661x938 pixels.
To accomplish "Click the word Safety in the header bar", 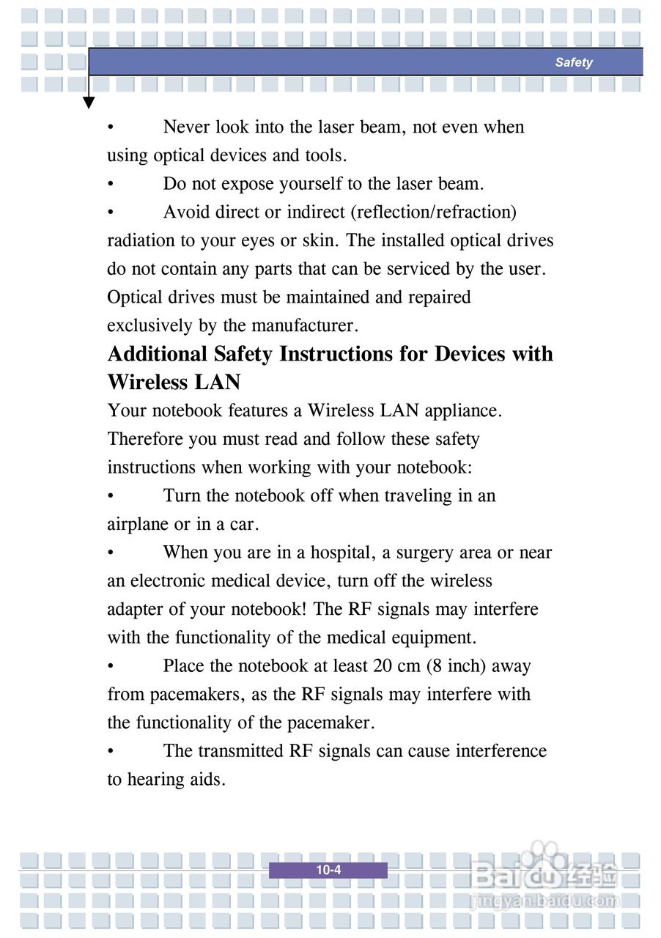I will coord(573,62).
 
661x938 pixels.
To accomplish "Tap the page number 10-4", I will coord(328,871).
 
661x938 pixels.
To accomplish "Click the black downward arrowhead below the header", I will coord(89,103).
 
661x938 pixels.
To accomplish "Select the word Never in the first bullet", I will coord(186,127).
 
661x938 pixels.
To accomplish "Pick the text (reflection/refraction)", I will coord(433,213).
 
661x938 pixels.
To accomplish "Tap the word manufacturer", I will coord(302,325).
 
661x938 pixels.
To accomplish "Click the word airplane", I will coord(138,525).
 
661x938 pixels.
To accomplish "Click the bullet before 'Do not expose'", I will coord(110,184).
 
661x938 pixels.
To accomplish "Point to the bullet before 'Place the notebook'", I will coord(110,667).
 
